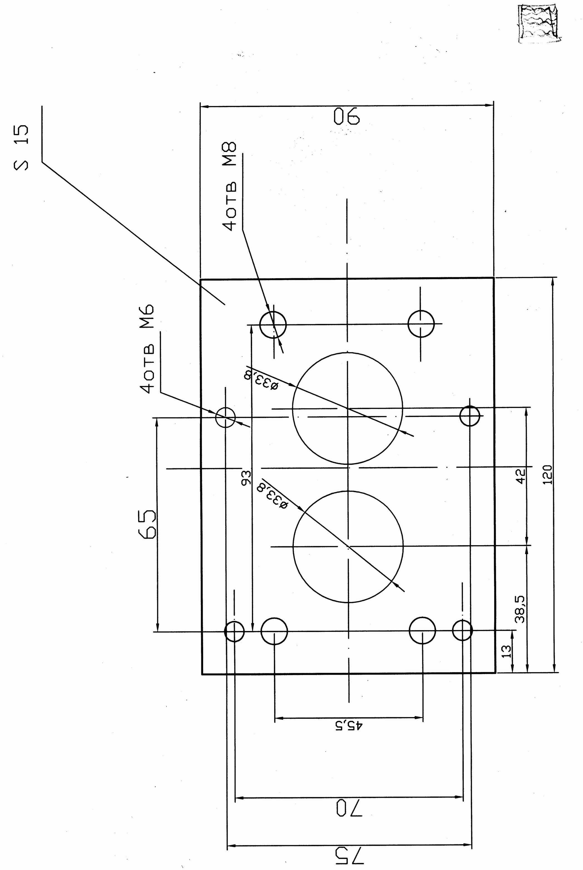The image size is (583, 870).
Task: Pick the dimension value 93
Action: coord(246,478)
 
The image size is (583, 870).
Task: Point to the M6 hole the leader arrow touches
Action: coord(226,417)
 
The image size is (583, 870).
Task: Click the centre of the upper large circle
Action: coord(348,408)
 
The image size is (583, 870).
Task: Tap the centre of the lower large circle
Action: coord(348,546)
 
